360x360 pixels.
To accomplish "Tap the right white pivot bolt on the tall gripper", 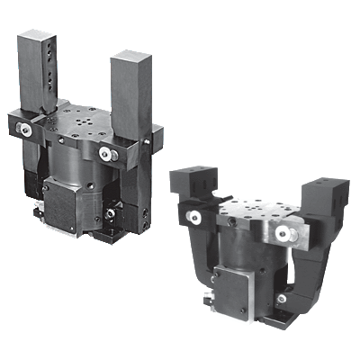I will click(111, 155).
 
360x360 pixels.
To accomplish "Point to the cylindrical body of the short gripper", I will click(247, 261).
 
